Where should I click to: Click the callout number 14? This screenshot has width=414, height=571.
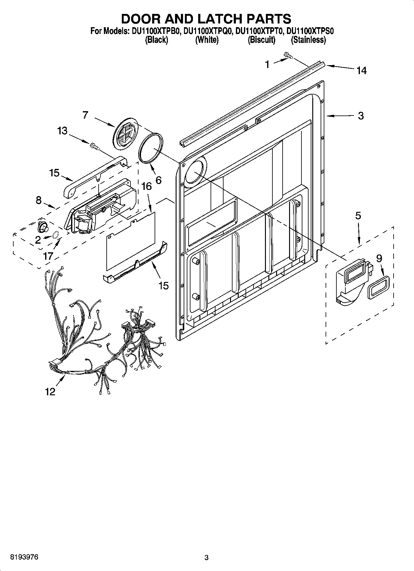point(361,71)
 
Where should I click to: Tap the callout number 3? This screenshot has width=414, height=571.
point(361,116)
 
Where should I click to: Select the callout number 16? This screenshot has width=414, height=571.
point(147,186)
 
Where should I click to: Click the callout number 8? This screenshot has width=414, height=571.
point(38,200)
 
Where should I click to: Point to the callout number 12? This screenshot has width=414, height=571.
point(50,392)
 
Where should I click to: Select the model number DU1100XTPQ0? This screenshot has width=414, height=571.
point(207,31)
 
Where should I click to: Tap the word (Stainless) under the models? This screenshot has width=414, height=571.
point(308,40)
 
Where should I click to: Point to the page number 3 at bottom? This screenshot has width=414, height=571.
point(207,558)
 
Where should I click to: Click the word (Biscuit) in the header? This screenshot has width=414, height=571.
point(261,40)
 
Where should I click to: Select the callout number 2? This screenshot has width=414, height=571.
point(38,240)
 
